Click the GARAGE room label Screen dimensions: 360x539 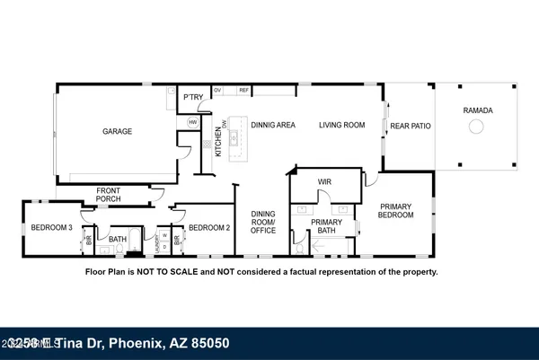117,131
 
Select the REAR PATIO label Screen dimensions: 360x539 411,127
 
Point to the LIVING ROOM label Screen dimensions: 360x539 342,126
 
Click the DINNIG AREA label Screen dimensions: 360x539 273,126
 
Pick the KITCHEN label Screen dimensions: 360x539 217,143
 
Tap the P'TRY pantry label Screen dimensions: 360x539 191,97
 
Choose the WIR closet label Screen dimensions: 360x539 325,182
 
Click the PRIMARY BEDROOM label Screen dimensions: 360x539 396,210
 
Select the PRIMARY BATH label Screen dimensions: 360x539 327,225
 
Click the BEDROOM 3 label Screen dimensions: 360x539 51,228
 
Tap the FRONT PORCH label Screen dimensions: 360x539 114,194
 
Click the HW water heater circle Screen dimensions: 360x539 192,122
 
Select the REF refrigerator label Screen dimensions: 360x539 244,90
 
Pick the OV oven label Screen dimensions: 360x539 217,90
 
